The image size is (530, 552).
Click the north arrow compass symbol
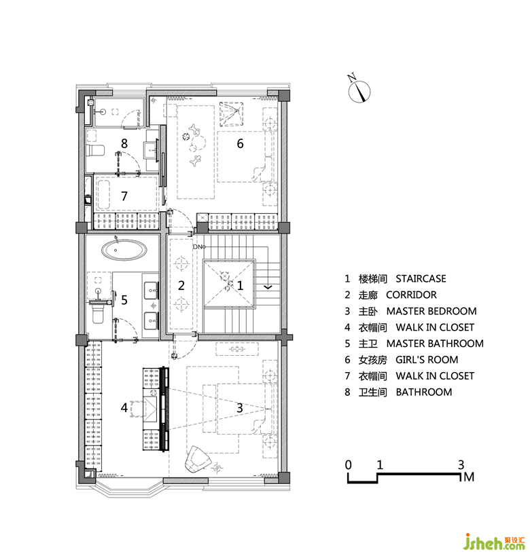point(359,91)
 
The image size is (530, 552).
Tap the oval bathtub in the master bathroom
point(124,250)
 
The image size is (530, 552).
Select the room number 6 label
point(240,143)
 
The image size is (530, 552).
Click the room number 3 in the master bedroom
point(240,407)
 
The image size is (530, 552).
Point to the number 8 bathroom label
point(124,143)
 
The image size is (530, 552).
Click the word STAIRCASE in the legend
point(421,278)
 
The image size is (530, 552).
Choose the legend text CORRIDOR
point(411,295)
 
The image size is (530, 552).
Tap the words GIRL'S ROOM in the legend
point(427,359)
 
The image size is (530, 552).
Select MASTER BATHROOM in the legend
point(435,344)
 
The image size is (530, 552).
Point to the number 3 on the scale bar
point(461,464)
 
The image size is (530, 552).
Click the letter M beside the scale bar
point(469,477)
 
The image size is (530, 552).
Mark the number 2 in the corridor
point(181,285)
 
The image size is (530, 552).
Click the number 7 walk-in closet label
point(124,196)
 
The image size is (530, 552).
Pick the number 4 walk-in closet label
point(124,407)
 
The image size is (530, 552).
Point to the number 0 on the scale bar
point(348,464)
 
